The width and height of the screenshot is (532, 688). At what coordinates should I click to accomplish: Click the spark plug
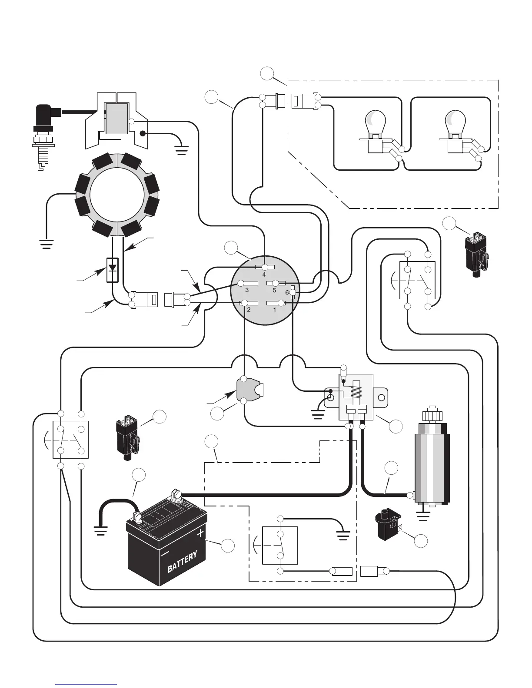click(x=43, y=136)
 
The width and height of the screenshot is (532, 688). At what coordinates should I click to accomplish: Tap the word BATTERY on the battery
click(x=182, y=561)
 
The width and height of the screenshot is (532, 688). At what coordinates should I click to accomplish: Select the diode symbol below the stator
click(x=113, y=270)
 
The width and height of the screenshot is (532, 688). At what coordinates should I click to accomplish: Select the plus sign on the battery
click(x=200, y=533)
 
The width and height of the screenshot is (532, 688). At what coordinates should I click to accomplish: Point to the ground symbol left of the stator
click(x=46, y=244)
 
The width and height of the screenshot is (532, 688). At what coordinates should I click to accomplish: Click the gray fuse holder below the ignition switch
click(x=249, y=390)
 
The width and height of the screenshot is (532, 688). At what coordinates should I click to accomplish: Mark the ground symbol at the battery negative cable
click(x=100, y=530)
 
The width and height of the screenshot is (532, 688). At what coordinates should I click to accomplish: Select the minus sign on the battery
click(x=165, y=554)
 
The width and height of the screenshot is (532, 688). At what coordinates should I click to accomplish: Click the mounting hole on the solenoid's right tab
click(x=382, y=397)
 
